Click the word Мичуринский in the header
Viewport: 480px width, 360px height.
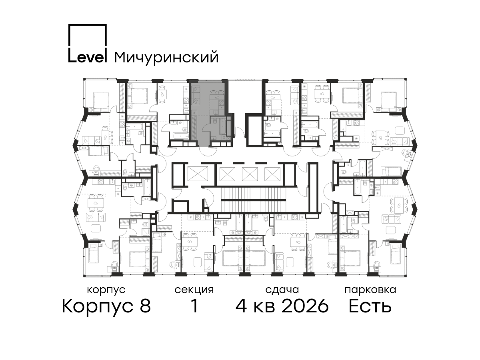click(x=166, y=58)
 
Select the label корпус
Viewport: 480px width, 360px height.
click(x=106, y=290)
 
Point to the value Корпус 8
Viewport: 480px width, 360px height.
click(x=106, y=306)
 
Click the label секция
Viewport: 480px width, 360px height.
click(x=194, y=290)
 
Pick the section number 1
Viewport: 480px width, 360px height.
click(x=194, y=306)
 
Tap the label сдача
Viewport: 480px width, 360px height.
click(x=282, y=290)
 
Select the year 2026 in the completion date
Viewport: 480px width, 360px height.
click(x=305, y=306)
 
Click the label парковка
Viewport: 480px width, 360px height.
click(x=370, y=290)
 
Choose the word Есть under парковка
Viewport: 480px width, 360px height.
click(x=370, y=306)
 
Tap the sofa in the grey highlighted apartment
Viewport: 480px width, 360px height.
click(x=196, y=95)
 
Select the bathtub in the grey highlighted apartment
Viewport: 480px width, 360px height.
click(x=223, y=126)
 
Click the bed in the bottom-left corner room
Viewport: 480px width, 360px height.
click(x=94, y=253)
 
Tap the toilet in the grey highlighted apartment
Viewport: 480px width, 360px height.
click(x=214, y=120)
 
